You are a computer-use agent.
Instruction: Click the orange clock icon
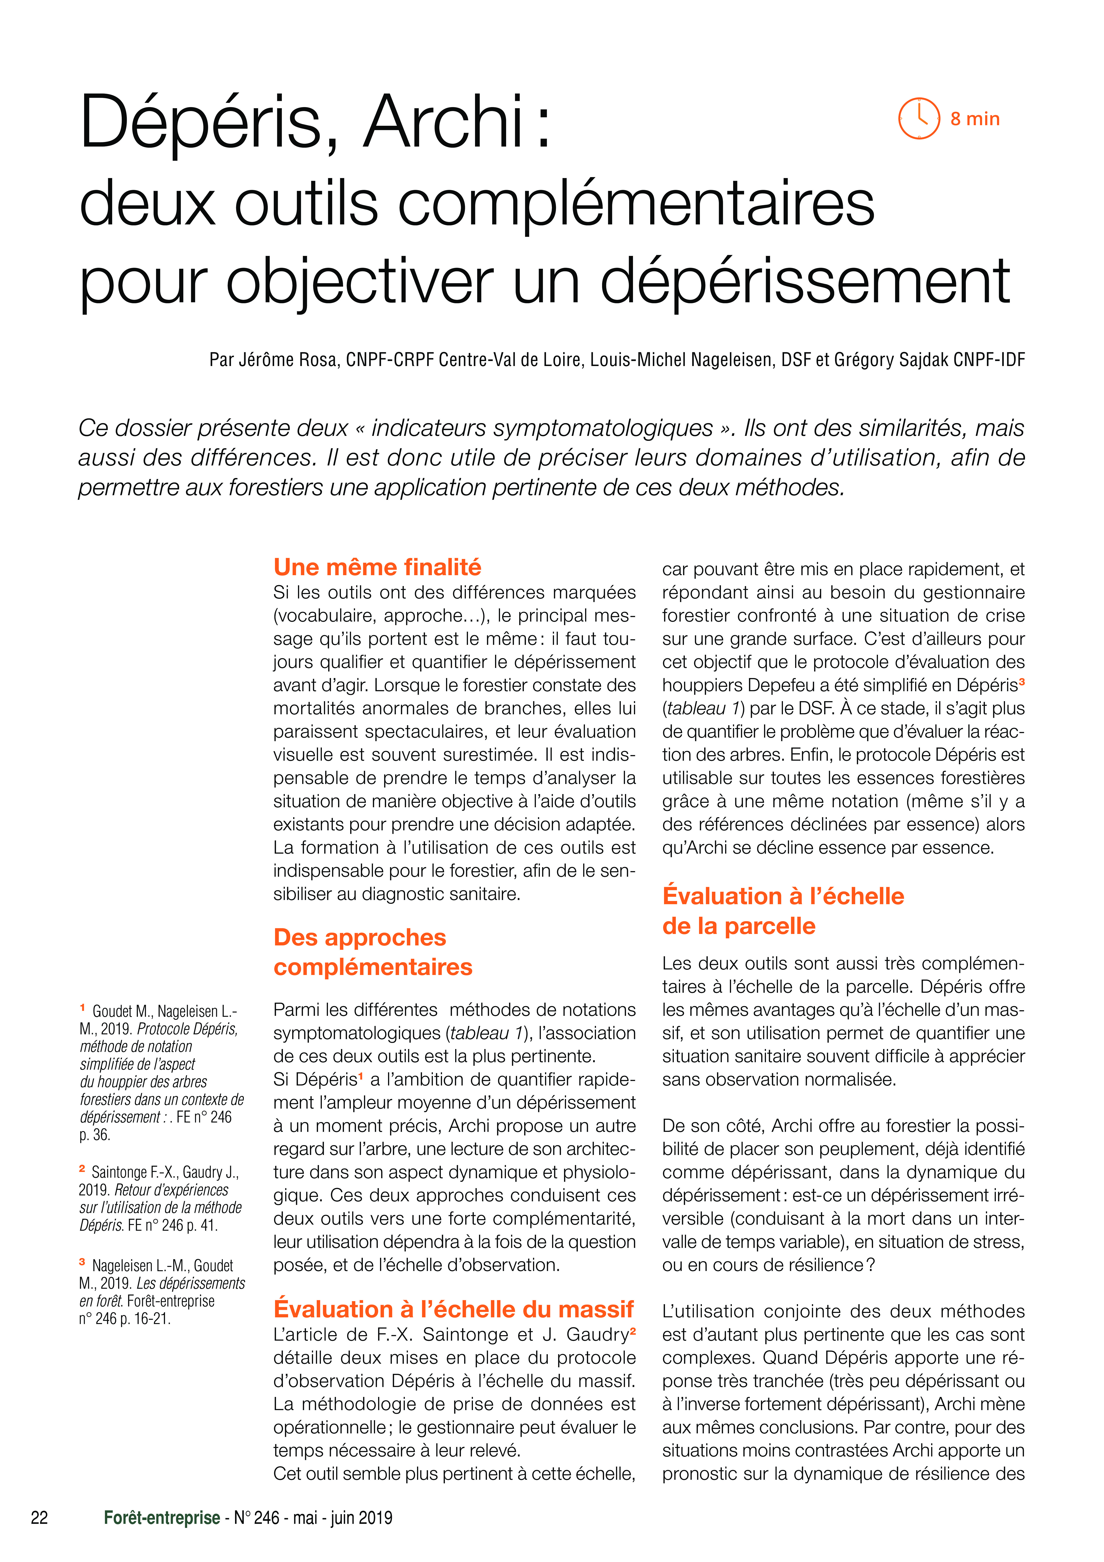click(919, 118)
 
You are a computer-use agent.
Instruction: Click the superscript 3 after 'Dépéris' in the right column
click(1022, 681)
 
